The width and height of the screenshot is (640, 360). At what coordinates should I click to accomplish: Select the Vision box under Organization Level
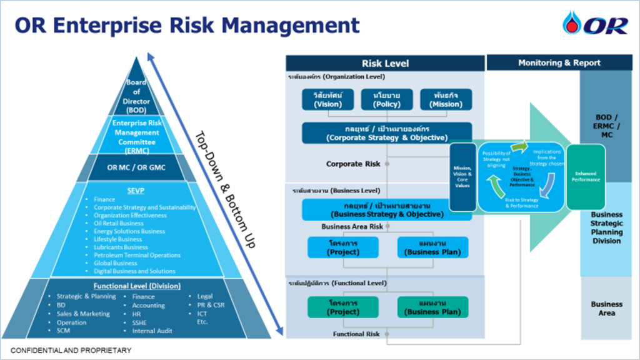point(327,99)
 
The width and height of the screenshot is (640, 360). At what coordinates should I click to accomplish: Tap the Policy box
point(386,99)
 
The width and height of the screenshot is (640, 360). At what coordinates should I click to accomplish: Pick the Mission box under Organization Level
point(445,99)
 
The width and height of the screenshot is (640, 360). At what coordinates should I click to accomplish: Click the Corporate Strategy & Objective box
point(386,132)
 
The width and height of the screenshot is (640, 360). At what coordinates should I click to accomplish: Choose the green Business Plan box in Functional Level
point(432,307)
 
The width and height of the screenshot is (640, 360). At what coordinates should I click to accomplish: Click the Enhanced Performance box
point(586,177)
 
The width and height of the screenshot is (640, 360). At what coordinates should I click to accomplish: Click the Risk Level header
point(385,63)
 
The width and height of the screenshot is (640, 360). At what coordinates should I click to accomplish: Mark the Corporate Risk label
point(353,164)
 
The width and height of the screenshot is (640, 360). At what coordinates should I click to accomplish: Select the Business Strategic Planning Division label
point(606,227)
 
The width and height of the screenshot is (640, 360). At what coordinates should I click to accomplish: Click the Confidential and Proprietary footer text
point(71,351)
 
